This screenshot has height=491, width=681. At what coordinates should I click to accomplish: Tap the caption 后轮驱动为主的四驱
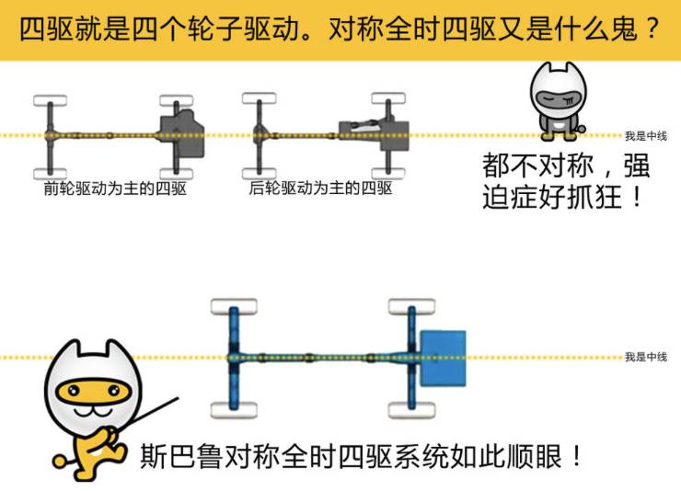pos(320,189)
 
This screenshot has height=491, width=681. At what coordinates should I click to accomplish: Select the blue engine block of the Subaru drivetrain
pos(443,357)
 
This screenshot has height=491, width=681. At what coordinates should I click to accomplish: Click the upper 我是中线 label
pos(645,136)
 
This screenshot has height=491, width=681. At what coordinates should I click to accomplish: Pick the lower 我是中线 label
pos(645,357)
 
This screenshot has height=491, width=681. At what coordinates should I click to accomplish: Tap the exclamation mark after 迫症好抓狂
pos(636,197)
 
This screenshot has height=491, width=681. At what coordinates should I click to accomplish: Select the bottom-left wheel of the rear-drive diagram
pos(259,172)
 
